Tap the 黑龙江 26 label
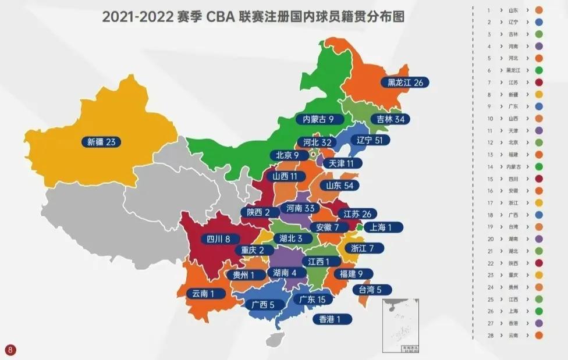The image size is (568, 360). [x=405, y=83]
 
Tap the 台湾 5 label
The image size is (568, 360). [x=371, y=290]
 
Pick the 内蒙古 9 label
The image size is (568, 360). [x=317, y=120]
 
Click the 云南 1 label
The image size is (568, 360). [x=207, y=294]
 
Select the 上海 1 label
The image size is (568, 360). [x=382, y=227]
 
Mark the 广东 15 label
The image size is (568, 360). [x=313, y=300]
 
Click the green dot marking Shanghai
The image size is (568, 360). [x=360, y=227]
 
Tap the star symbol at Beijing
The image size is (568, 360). [x=313, y=155]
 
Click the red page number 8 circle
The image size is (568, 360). [x=10, y=350]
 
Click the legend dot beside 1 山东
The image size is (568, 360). [x=539, y=10]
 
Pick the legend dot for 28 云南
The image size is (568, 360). [x=539, y=335]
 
